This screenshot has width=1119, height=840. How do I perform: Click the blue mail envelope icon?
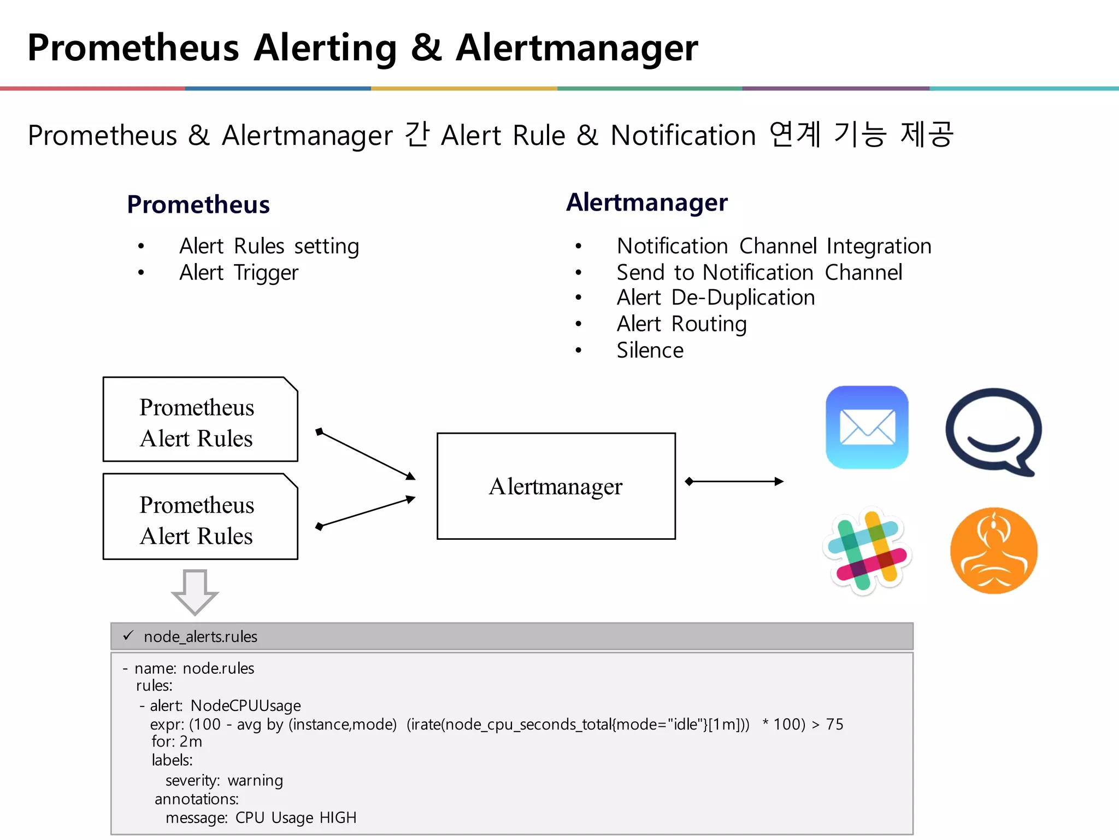pos(867,427)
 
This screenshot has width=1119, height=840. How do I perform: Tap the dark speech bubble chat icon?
pos(993,431)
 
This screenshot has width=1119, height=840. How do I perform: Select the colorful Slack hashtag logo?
pos(867,551)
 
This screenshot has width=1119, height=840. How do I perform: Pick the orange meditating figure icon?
pos(993,551)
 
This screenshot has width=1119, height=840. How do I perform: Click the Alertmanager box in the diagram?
pos(556,486)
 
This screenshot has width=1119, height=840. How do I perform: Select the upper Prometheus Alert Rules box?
pos(200,419)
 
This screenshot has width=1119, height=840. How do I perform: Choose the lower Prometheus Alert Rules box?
pos(200,517)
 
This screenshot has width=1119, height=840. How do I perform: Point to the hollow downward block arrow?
pos(195,592)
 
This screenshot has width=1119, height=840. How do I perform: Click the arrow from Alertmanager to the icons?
pos(734,481)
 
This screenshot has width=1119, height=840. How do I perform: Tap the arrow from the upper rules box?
pos(366,454)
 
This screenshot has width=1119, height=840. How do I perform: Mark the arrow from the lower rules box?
pos(366,512)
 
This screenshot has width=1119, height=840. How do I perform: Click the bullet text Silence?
pos(650,351)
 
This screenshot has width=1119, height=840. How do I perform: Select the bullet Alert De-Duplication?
pos(715,298)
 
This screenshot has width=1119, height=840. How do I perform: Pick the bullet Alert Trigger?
pos(239,272)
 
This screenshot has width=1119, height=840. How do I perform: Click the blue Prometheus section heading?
pos(198,205)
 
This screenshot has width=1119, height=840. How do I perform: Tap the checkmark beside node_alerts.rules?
pos(128,635)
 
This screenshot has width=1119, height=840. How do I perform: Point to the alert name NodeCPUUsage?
pos(245,705)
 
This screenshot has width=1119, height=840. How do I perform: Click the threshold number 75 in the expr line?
pos(834,724)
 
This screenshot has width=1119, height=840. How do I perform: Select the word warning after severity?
pos(255,780)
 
